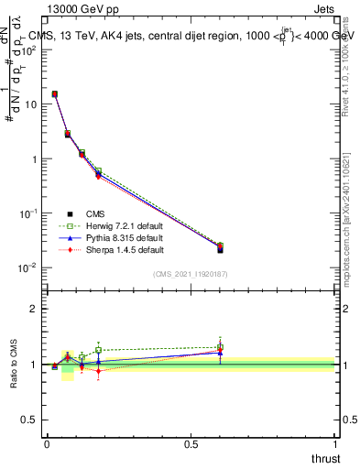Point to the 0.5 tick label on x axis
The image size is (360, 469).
point(191,444)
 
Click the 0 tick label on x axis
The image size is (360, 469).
point(47,444)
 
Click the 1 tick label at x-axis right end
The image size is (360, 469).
point(336,444)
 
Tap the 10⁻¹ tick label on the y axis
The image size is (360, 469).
point(27,213)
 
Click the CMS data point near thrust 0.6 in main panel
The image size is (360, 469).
point(220,249)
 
